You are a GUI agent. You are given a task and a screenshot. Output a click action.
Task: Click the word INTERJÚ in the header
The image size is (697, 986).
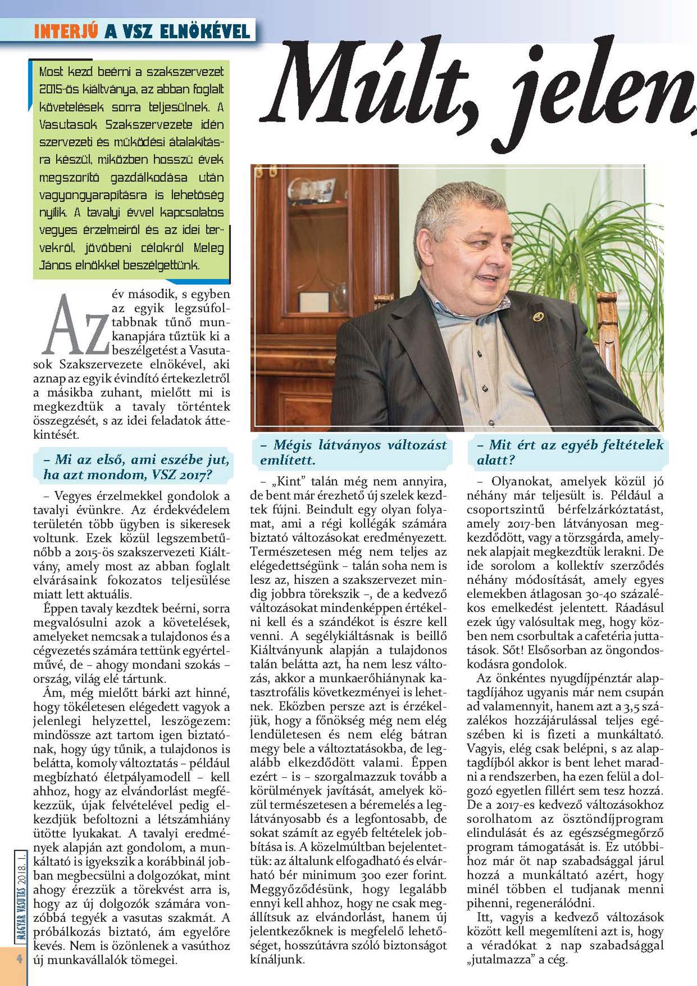66,31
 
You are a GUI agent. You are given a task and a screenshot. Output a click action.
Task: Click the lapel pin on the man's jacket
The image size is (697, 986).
538,316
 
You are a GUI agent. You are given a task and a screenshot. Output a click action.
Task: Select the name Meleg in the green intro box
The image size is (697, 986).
209,248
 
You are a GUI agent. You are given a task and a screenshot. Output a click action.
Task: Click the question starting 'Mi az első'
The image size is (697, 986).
136,467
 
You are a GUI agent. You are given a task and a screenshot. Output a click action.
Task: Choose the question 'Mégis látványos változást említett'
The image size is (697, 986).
353,452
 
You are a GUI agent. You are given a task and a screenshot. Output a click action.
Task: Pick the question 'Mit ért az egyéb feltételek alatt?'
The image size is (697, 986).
570,452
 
